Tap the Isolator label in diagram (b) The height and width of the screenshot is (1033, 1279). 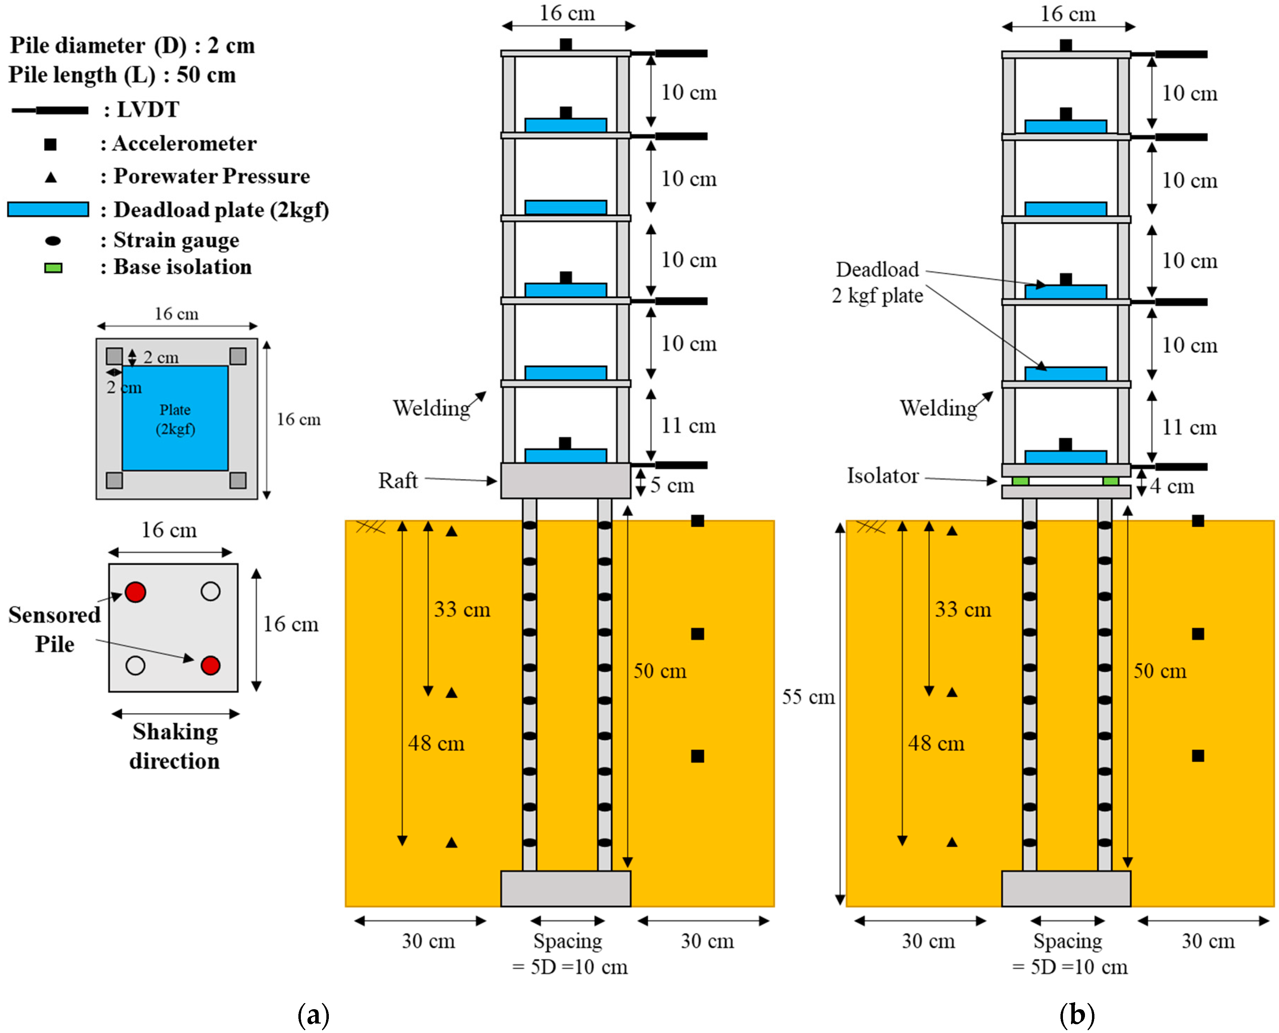pos(882,476)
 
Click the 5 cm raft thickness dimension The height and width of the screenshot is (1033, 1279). pos(671,485)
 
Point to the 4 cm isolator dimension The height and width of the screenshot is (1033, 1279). pos(1171,486)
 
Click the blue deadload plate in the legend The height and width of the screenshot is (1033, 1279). pos(48,209)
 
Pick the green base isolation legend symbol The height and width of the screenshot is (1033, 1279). pos(53,268)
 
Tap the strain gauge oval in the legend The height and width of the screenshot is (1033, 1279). pos(53,241)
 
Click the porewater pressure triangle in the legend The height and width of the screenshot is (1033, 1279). pos(51,177)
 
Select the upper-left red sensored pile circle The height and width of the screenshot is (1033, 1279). pos(135,592)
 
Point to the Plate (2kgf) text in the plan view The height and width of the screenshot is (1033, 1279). pos(175,419)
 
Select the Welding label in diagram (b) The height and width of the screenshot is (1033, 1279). pos(938,408)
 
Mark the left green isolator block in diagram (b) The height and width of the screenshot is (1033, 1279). pos(1020,480)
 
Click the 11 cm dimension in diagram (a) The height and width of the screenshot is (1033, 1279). pos(688,425)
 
